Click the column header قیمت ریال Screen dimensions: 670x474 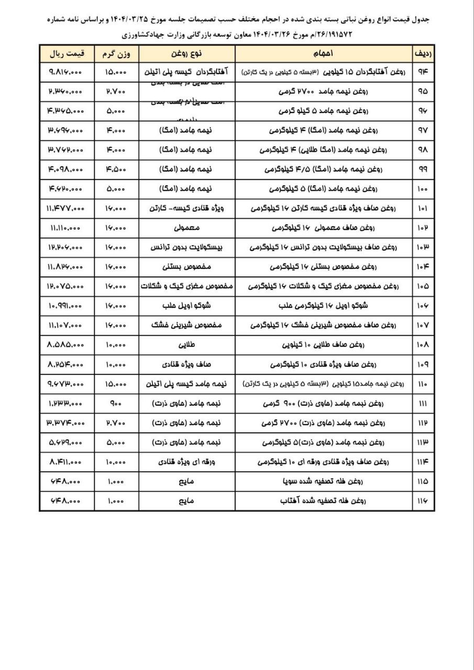coord(67,54)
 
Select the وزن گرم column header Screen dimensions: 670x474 coord(116,54)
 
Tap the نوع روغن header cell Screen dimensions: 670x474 coord(186,54)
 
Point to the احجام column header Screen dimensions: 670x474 coord(323,54)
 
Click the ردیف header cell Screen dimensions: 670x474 coord(423,54)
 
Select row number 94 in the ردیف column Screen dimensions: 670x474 coord(423,73)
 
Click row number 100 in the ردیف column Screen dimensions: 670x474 coord(423,188)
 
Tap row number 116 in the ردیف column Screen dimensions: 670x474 coord(423,500)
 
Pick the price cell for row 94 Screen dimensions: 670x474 coord(67,73)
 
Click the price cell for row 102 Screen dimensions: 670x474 coord(67,228)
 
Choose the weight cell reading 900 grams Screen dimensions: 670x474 coord(116,404)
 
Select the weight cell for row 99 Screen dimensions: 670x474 coord(116,170)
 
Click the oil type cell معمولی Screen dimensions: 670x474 coord(186,228)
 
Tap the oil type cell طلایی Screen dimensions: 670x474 coord(186,344)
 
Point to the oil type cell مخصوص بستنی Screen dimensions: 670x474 coord(186,267)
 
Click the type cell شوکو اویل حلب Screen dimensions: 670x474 coord(186,306)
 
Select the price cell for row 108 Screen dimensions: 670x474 coord(67,344)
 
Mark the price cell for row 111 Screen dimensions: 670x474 coord(67,404)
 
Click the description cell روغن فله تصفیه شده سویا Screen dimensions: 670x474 coord(323,481)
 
